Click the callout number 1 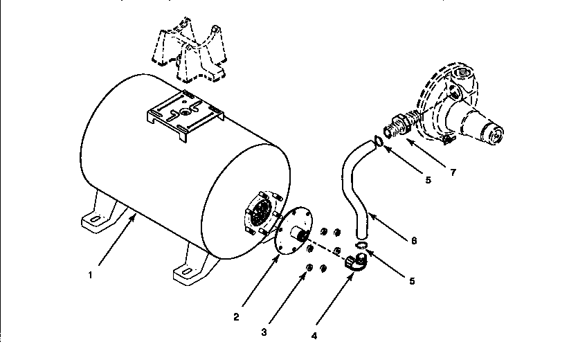click(91, 274)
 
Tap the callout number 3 click(264, 332)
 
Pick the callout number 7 click(453, 172)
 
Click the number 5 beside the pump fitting click(428, 179)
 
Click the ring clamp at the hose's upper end click(378, 141)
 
